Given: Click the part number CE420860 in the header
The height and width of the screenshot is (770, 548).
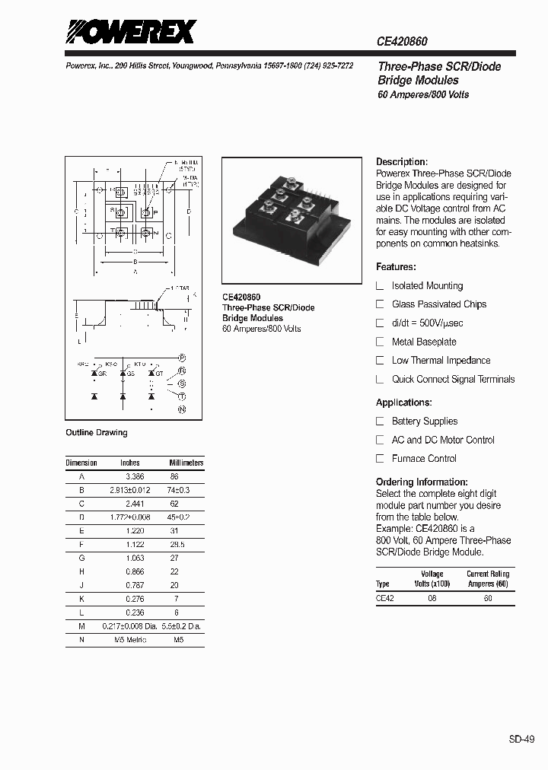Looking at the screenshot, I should pyautogui.click(x=407, y=44).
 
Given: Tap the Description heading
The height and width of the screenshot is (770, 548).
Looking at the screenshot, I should pyautogui.click(x=402, y=162).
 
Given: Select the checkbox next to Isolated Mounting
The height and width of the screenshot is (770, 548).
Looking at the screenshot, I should pyautogui.click(x=381, y=286).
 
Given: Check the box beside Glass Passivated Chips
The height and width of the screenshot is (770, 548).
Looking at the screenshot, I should pyautogui.click(x=381, y=304).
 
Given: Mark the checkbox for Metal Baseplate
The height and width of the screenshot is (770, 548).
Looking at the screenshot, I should pyautogui.click(x=381, y=342).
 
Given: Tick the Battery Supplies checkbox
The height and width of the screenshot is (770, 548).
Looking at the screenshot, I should pyautogui.click(x=381, y=422).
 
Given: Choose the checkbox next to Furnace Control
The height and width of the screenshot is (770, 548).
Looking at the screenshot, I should pyautogui.click(x=381, y=459).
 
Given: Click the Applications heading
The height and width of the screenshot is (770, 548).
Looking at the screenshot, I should pyautogui.click(x=404, y=402).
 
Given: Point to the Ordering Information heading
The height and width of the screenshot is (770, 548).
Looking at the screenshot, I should pyautogui.click(x=422, y=482).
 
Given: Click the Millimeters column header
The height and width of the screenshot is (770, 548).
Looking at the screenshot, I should pyautogui.click(x=186, y=463).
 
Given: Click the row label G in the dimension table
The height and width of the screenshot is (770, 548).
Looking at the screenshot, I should pyautogui.click(x=81, y=558).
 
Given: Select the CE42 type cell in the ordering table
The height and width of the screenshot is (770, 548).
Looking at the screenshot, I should pyautogui.click(x=385, y=598).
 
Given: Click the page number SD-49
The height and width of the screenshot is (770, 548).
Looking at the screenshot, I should pyautogui.click(x=522, y=738).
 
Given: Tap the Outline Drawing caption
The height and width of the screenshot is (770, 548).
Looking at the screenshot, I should pyautogui.click(x=97, y=433).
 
